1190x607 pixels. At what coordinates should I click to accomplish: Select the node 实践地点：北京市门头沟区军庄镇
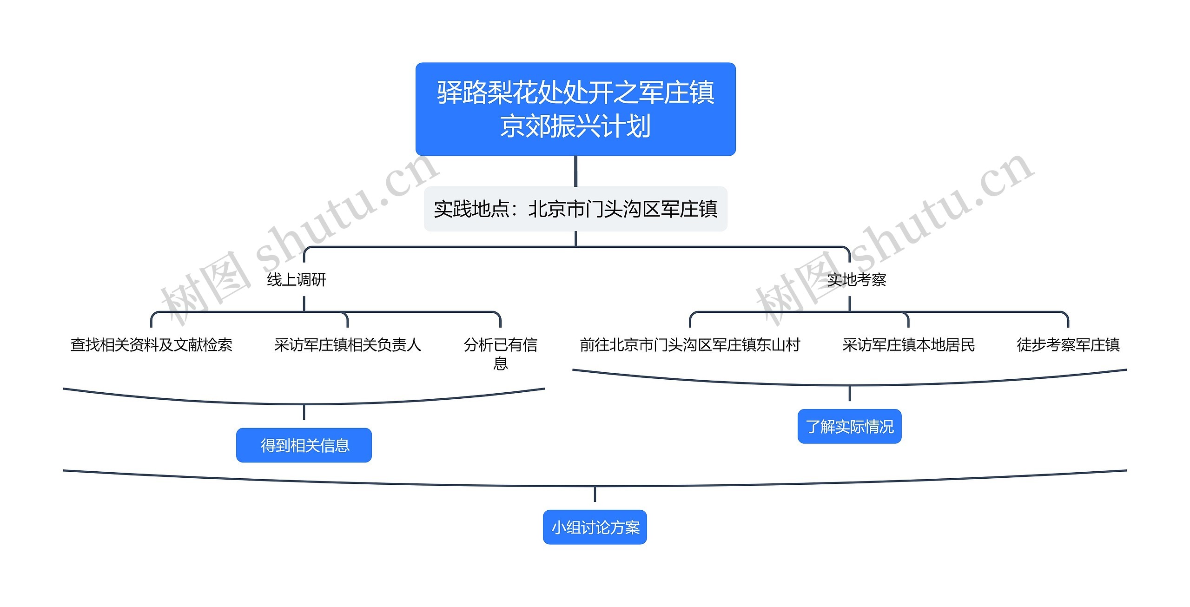575,209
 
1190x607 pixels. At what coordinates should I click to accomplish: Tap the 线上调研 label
297,280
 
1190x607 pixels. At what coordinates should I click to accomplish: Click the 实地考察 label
857,280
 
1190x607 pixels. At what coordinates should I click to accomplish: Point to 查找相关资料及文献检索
151,345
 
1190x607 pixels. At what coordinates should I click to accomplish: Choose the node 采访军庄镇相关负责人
347,345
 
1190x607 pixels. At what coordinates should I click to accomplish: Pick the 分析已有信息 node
500,353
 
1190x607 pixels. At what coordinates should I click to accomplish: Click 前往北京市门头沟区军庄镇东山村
690,345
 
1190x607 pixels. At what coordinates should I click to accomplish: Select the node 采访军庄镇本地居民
908,345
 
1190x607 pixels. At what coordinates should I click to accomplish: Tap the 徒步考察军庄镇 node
1068,345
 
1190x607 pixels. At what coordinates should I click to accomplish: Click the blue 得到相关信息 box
304,445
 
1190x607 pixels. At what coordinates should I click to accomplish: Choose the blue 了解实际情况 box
849,427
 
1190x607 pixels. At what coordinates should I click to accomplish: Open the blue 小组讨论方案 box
595,528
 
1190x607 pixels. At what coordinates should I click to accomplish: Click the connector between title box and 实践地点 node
575,171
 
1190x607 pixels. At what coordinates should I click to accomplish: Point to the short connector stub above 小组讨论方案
595,495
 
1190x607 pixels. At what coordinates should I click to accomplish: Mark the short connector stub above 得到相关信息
304,412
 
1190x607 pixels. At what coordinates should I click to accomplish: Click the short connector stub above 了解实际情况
849,394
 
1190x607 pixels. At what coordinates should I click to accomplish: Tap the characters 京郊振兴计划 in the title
575,126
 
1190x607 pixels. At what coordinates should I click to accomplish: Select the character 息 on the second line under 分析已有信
500,363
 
